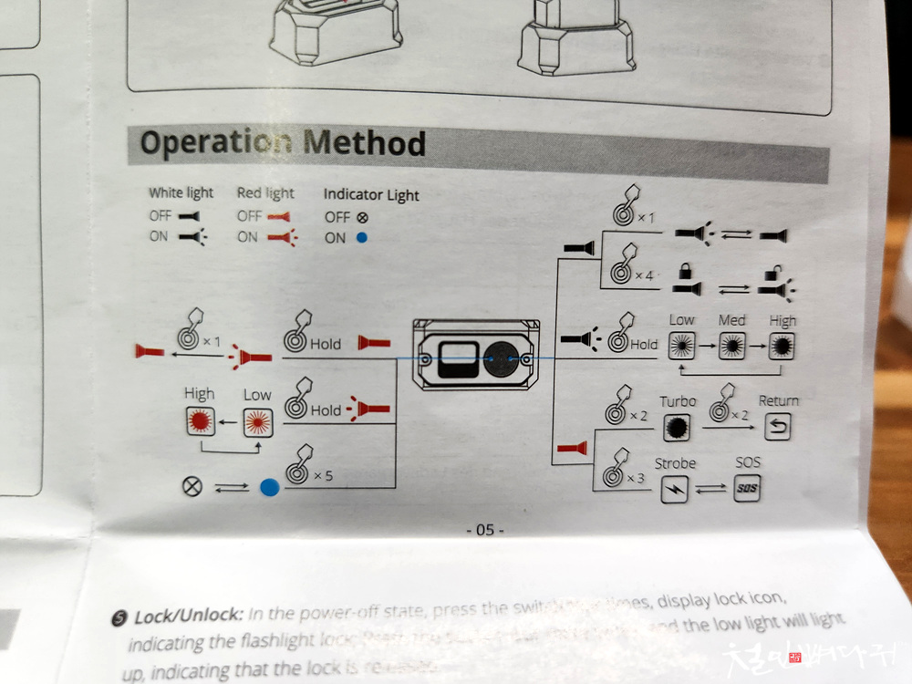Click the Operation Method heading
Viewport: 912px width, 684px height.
tap(283, 144)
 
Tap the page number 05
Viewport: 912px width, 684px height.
tap(484, 530)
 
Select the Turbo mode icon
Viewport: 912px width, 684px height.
tap(678, 427)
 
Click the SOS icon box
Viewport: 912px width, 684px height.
tap(746, 490)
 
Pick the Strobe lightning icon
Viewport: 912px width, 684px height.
tap(675, 490)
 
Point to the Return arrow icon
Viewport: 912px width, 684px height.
tap(777, 427)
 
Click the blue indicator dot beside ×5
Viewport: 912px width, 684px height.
tap(268, 488)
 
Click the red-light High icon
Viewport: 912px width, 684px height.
tap(199, 421)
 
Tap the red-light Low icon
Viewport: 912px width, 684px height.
tap(256, 421)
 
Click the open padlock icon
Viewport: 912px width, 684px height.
tap(772, 271)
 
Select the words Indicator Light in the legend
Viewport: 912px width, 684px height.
tap(371, 195)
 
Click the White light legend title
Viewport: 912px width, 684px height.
tap(181, 193)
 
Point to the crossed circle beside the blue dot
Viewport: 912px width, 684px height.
tap(192, 487)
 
